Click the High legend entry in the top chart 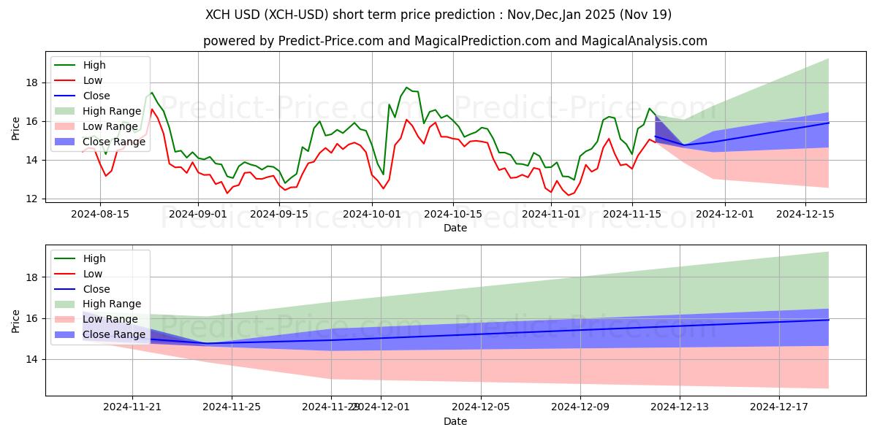(94, 65)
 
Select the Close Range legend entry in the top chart (114, 141)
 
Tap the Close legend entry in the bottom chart (96, 289)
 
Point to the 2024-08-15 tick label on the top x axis (99, 214)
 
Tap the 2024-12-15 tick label (805, 214)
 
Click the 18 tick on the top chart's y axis (33, 82)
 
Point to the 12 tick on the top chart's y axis (33, 199)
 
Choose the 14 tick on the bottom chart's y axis (33, 359)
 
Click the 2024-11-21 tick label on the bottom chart (132, 407)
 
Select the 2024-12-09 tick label (580, 407)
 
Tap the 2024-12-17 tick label (779, 407)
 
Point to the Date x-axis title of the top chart (455, 228)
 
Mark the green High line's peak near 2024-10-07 (407, 88)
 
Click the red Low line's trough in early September (227, 193)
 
